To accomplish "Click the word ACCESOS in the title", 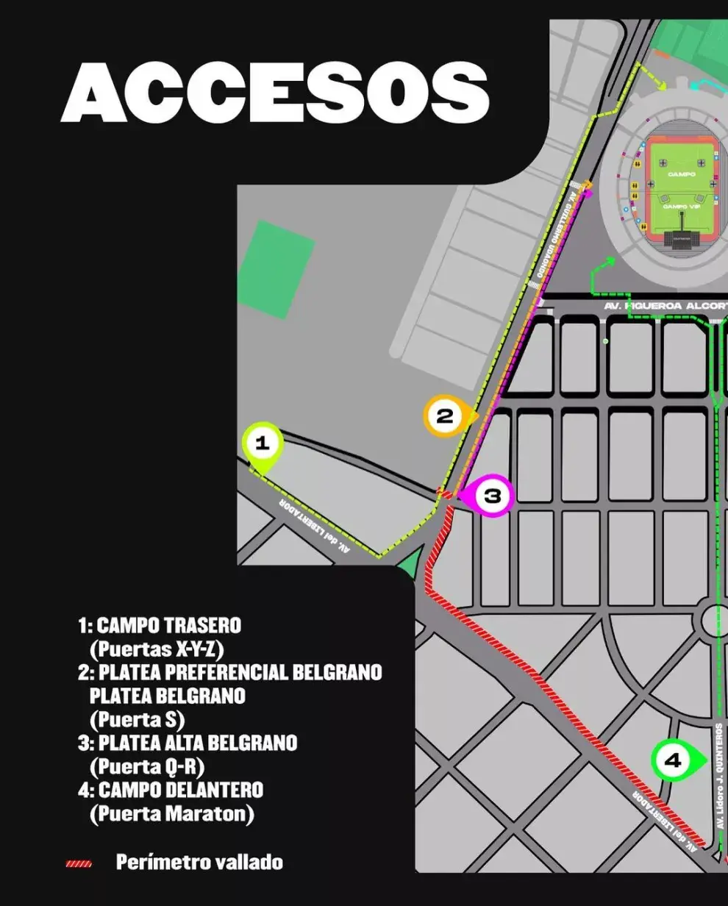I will pyautogui.click(x=276, y=92).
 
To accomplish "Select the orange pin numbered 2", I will pyautogui.click(x=446, y=417).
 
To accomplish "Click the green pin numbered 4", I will pyautogui.click(x=673, y=761).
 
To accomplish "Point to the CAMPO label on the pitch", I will pyautogui.click(x=682, y=174).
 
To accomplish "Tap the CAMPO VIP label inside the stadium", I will pyautogui.click(x=682, y=207).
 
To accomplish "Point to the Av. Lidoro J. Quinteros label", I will pyautogui.click(x=718, y=776).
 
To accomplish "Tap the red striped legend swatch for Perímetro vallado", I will pyautogui.click(x=79, y=863).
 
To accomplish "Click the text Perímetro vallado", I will pyautogui.click(x=199, y=863).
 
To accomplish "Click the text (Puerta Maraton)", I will pyautogui.click(x=171, y=814).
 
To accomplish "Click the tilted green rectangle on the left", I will pyautogui.click(x=276, y=269).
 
